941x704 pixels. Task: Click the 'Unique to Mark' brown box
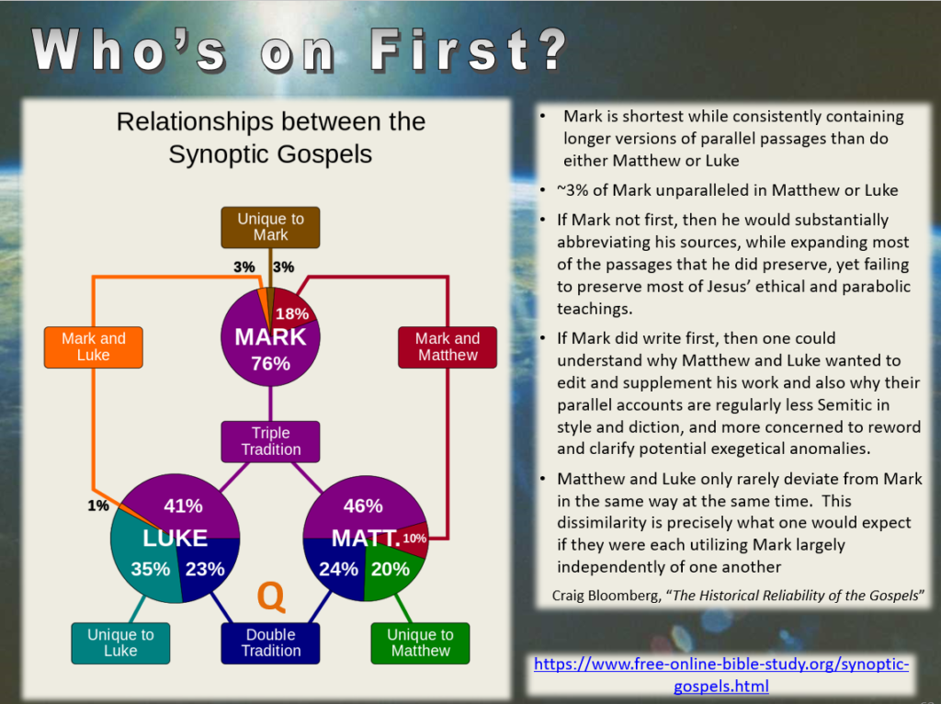point(270,227)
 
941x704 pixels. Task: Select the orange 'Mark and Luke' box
point(94,346)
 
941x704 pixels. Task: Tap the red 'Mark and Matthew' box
point(448,346)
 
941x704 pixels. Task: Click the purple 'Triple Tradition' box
point(270,442)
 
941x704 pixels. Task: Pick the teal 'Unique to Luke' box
point(120,642)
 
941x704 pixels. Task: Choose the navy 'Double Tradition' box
point(270,642)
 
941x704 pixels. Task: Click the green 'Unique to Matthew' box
point(420,642)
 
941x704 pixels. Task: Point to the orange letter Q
point(271,596)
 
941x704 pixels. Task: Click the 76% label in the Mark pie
point(271,364)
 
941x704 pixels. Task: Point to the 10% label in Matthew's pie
point(414,539)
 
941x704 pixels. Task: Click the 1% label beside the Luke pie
point(97,506)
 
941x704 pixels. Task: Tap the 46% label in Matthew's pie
point(363,506)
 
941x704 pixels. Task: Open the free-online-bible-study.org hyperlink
point(721,675)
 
